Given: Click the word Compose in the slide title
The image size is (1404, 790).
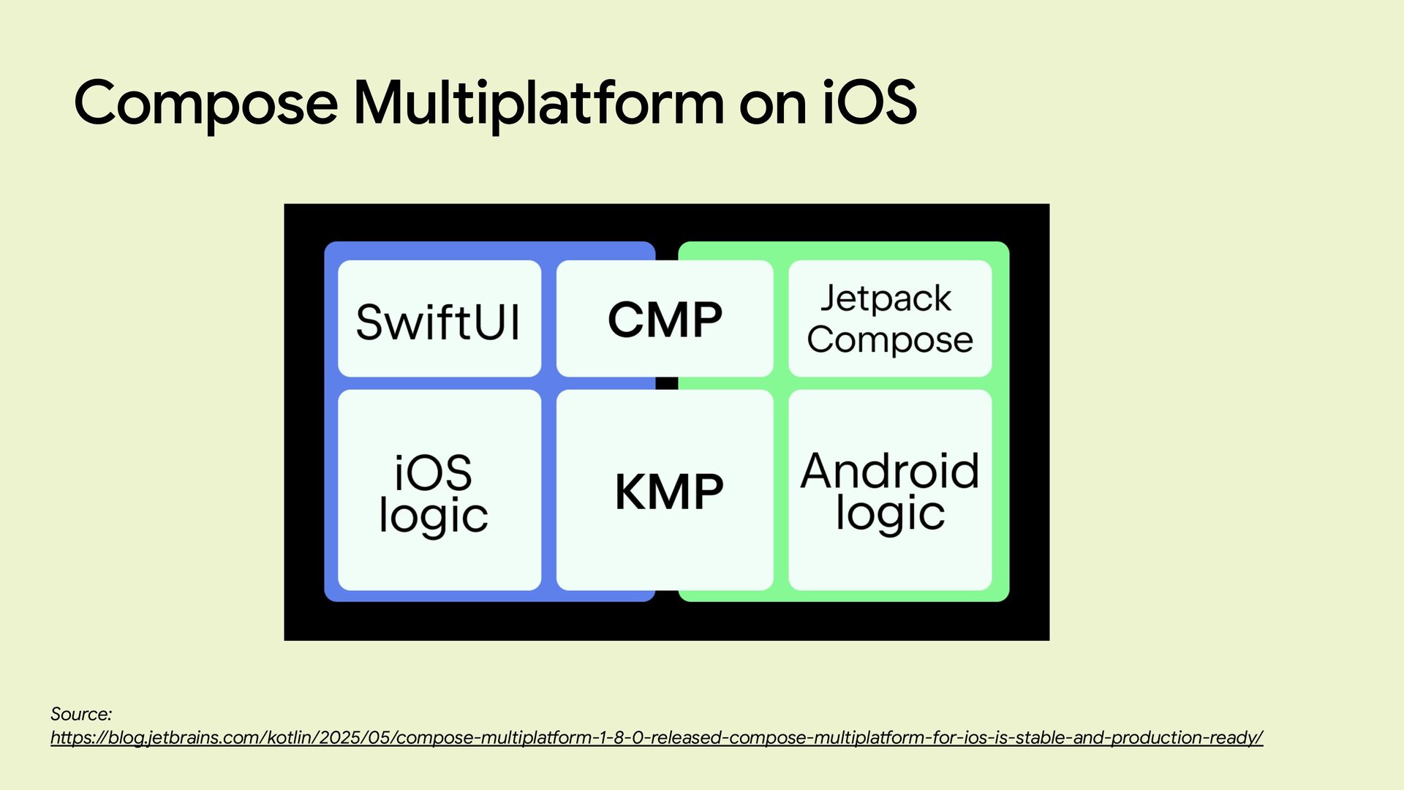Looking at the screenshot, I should pyautogui.click(x=205, y=103).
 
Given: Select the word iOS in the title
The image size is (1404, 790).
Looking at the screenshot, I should pyautogui.click(x=869, y=102).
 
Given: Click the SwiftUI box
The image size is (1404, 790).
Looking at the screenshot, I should pyautogui.click(x=439, y=320).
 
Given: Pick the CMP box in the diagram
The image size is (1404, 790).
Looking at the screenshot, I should pyautogui.click(x=664, y=320).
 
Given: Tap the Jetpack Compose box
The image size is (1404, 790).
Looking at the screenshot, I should pyautogui.click(x=890, y=319).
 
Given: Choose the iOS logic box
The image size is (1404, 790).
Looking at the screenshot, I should pyautogui.click(x=439, y=490).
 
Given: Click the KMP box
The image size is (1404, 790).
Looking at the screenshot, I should pyautogui.click(x=664, y=490).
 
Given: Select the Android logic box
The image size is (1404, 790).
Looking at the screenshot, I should pyautogui.click(x=890, y=490).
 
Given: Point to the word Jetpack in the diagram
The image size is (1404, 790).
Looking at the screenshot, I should pyautogui.click(x=886, y=298).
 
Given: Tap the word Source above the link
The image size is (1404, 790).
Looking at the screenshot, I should pyautogui.click(x=80, y=714).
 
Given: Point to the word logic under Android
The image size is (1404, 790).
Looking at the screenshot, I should pyautogui.click(x=890, y=513).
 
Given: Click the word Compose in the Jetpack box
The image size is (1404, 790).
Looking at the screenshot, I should pyautogui.click(x=890, y=340).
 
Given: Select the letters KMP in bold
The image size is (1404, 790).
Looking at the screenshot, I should pyautogui.click(x=669, y=492).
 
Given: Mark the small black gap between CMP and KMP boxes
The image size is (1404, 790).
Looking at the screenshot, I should pyautogui.click(x=666, y=383).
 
